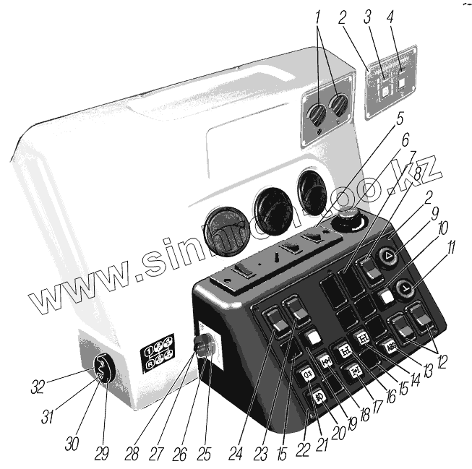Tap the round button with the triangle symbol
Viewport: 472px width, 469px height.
point(389,255)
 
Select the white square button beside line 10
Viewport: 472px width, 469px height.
point(388,296)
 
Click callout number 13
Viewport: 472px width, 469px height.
point(429,370)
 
